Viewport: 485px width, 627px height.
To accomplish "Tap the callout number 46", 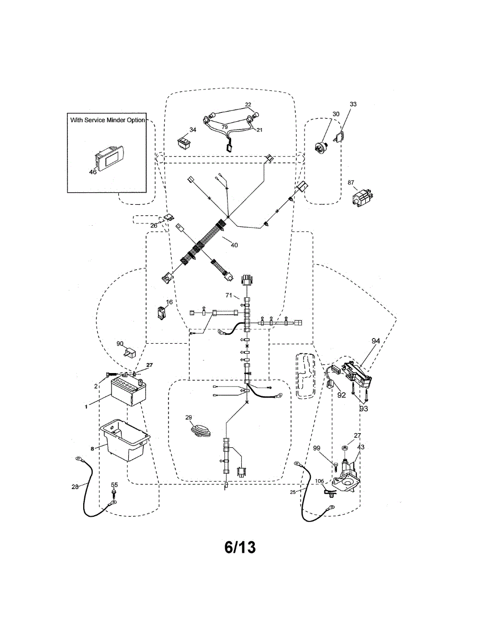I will point(93,171).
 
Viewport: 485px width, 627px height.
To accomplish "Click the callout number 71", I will point(229,296).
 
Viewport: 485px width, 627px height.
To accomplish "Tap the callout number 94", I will point(376,341).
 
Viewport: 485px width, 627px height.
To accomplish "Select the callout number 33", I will point(353,104).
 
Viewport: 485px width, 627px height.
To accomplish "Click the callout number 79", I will point(224,126).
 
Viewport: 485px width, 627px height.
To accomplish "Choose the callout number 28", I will point(75,487).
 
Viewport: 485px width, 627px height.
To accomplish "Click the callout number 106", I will point(319,481).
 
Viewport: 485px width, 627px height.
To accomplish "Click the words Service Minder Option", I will point(116,120).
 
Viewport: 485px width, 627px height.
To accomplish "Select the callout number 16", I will point(170,303).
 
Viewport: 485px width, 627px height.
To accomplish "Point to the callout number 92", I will point(341,396).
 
